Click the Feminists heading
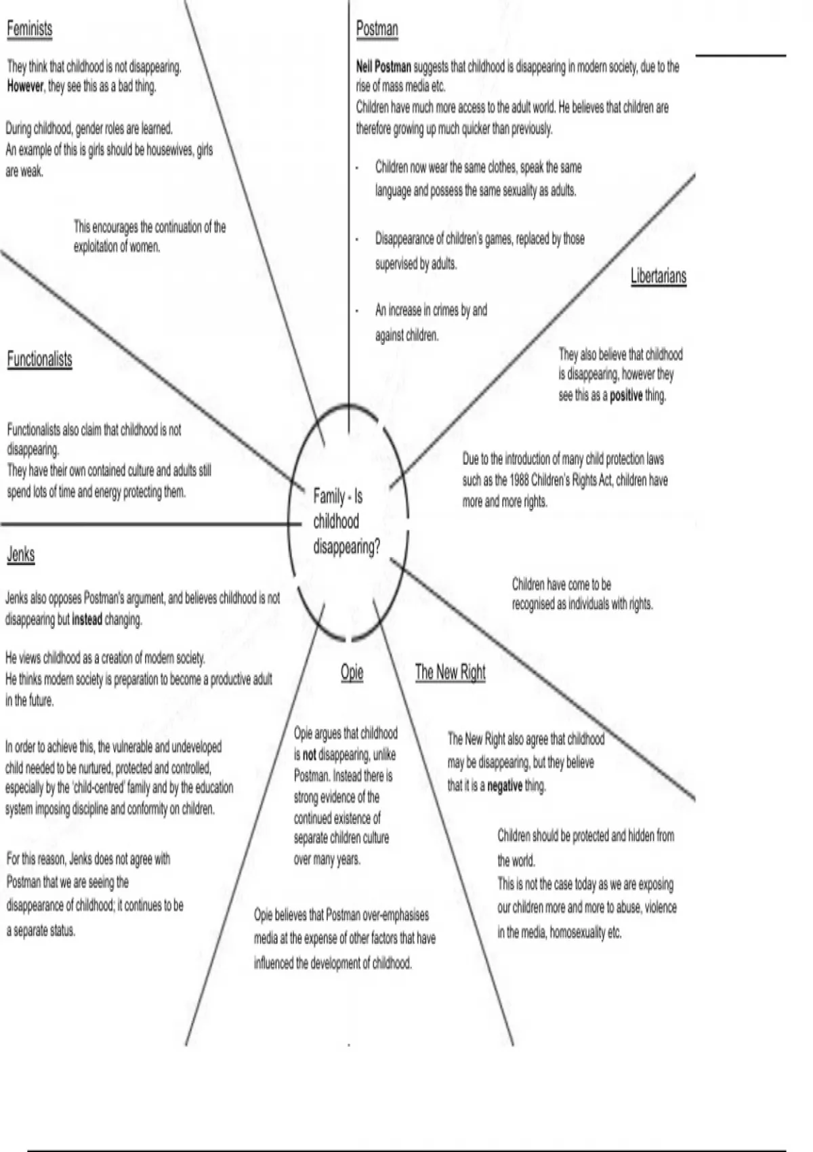tap(29, 28)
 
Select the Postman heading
tap(377, 28)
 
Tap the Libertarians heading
tap(658, 276)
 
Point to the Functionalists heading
tap(39, 359)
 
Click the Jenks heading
tap(20, 554)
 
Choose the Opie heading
tap(352, 672)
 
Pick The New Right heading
tap(450, 672)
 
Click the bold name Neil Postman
tap(383, 66)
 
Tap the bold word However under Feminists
tap(25, 87)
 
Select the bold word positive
tap(625, 396)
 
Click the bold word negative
tap(504, 786)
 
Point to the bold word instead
tap(87, 619)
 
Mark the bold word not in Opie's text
tap(309, 755)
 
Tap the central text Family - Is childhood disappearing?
tap(346, 522)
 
